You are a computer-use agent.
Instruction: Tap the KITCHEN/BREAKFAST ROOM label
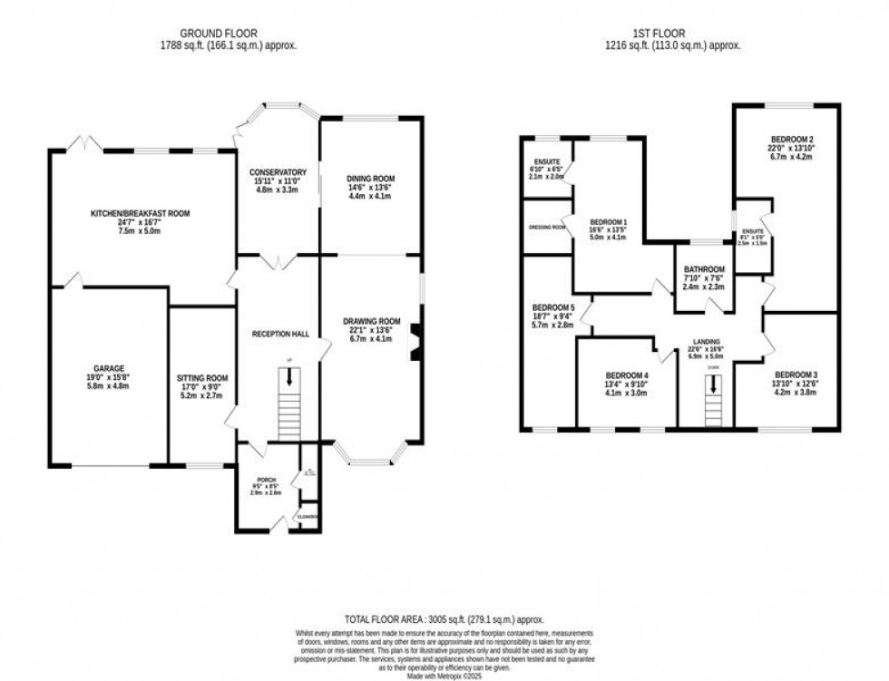pos(139,213)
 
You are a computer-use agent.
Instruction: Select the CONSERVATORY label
pos(278,172)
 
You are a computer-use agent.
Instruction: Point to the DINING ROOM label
pos(371,179)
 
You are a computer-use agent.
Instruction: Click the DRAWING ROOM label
pos(371,321)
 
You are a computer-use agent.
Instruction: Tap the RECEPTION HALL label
pos(280,334)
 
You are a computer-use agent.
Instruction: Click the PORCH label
pos(266,480)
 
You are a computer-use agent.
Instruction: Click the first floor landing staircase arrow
pos(713,385)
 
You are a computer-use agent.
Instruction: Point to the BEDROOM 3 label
pos(796,375)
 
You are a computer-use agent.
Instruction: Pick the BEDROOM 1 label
pos(609,222)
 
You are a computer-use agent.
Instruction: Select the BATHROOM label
pos(705,269)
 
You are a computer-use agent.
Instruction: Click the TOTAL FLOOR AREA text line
pos(444,618)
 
